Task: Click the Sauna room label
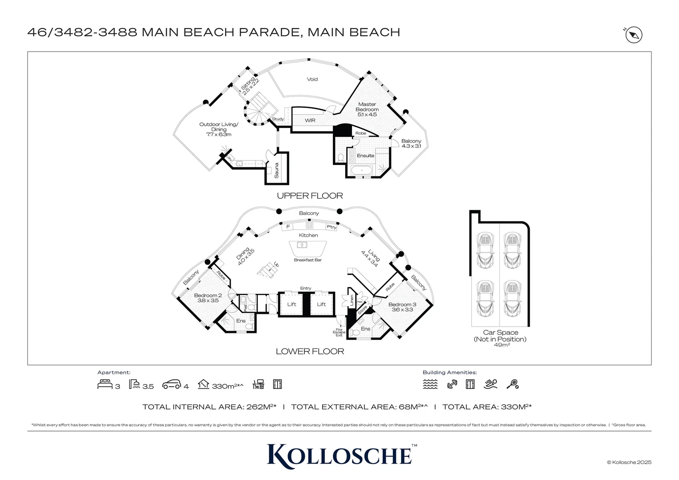[276, 171]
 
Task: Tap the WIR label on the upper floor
[310, 120]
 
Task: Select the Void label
[312, 79]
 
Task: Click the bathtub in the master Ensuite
[362, 170]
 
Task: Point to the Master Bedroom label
[367, 109]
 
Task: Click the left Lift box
[292, 304]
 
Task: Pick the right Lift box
[321, 304]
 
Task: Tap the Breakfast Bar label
[308, 260]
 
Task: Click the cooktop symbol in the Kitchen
[309, 226]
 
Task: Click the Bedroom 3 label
[402, 307]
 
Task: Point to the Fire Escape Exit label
[339, 332]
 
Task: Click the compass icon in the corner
[634, 35]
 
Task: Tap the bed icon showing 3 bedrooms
[104, 384]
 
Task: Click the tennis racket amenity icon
[512, 384]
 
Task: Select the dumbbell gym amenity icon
[452, 384]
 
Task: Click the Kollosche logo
[339, 456]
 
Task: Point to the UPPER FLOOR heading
[310, 196]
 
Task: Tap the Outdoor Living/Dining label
[219, 129]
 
